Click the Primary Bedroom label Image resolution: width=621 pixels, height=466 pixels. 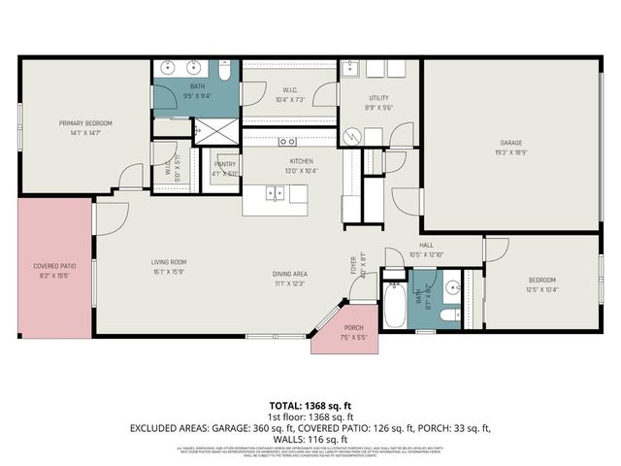point(85,123)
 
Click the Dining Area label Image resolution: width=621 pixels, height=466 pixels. point(289,274)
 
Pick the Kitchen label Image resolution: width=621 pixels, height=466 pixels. point(302,161)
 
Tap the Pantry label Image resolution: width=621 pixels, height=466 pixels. point(225,165)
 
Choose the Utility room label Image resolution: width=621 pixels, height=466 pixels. point(378,98)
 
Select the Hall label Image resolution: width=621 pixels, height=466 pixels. point(425,246)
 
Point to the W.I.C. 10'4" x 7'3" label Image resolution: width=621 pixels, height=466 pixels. point(290,93)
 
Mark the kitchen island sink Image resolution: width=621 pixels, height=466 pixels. point(275,192)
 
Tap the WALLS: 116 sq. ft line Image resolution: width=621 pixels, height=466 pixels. point(310,439)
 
